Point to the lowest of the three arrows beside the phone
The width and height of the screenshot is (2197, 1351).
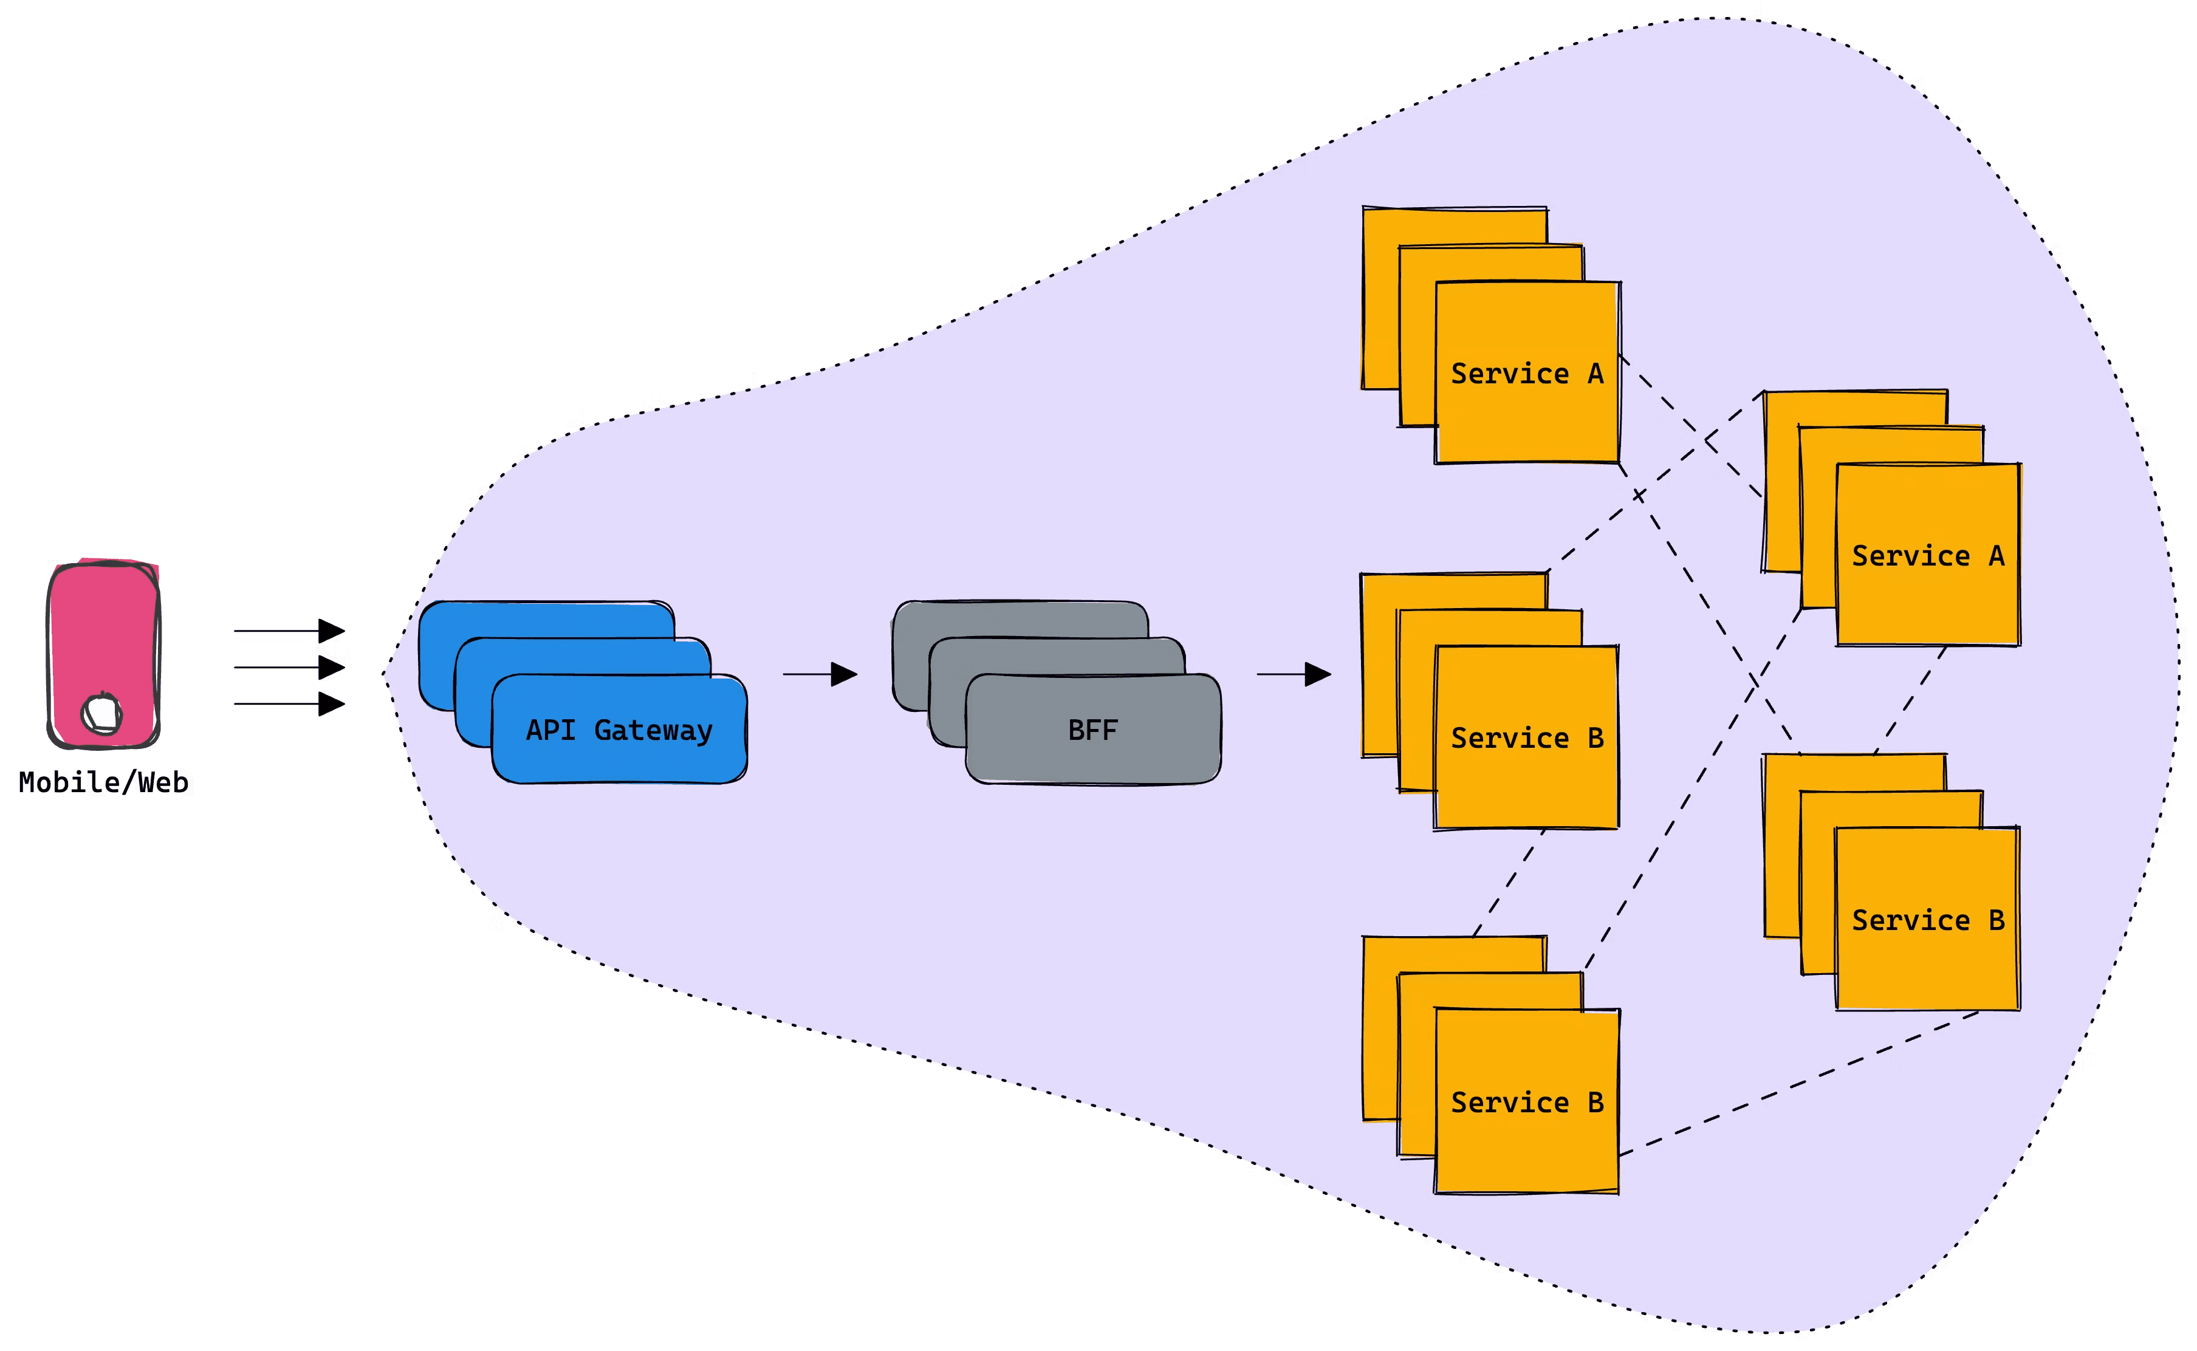tap(288, 704)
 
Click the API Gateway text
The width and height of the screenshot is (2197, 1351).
tap(619, 730)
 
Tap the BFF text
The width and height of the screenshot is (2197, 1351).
tap(1092, 730)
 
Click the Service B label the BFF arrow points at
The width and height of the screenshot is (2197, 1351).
tap(1526, 738)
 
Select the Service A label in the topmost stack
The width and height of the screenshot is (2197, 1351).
tap(1526, 374)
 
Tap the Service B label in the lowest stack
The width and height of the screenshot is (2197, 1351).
tap(1526, 1103)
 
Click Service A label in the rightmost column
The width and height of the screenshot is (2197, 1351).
tap(1927, 556)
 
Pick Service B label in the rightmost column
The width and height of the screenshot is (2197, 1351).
tap(1927, 920)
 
